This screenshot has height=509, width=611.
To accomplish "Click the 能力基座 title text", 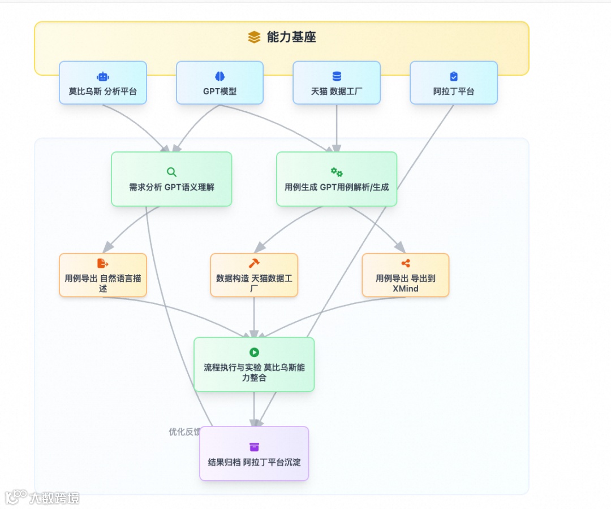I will [291, 37].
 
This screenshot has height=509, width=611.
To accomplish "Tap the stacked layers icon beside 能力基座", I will [254, 37].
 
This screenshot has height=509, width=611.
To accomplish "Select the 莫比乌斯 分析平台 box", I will [103, 83].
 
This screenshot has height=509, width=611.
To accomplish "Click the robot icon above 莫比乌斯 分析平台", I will [103, 76].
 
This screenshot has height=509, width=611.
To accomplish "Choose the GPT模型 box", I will [220, 83].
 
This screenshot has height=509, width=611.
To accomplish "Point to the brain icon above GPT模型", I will [220, 76].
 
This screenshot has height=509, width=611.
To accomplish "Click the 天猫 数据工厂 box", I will [337, 83].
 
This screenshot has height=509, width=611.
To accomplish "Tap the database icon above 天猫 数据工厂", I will [337, 76].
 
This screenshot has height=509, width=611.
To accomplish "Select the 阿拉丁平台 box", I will [454, 83].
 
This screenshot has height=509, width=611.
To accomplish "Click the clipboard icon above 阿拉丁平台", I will [454, 76].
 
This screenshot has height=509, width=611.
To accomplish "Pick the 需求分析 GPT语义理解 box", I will [171, 179].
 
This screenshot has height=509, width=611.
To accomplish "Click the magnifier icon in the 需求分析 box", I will [171, 172].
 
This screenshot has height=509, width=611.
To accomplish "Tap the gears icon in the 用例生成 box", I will [337, 172].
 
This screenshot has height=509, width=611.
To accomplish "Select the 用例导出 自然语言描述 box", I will [103, 275].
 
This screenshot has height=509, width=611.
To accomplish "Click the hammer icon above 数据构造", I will [254, 263].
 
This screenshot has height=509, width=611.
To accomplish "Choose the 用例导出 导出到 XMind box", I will [406, 275].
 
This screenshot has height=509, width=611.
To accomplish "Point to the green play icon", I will [254, 353].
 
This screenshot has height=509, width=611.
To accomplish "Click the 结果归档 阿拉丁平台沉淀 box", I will [254, 454].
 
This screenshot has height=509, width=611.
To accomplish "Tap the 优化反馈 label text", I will [184, 432].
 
